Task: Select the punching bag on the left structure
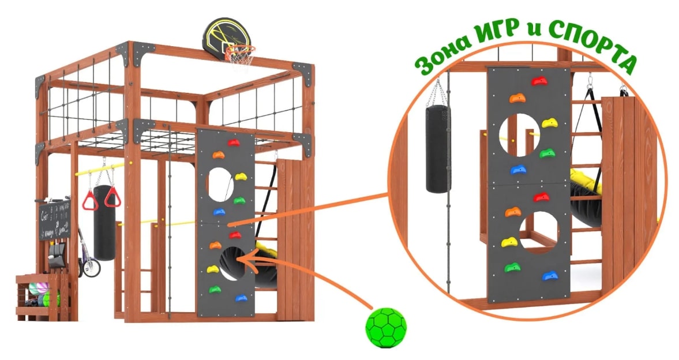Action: pyautogui.click(x=104, y=222)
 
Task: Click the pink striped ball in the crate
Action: pyautogui.click(x=37, y=288)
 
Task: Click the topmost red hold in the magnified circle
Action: pyautogui.click(x=539, y=81)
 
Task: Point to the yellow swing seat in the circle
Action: pyautogui.click(x=584, y=181)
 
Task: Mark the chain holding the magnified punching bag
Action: pyautogui.click(x=437, y=92)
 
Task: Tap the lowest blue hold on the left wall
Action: pyautogui.click(x=241, y=298)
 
